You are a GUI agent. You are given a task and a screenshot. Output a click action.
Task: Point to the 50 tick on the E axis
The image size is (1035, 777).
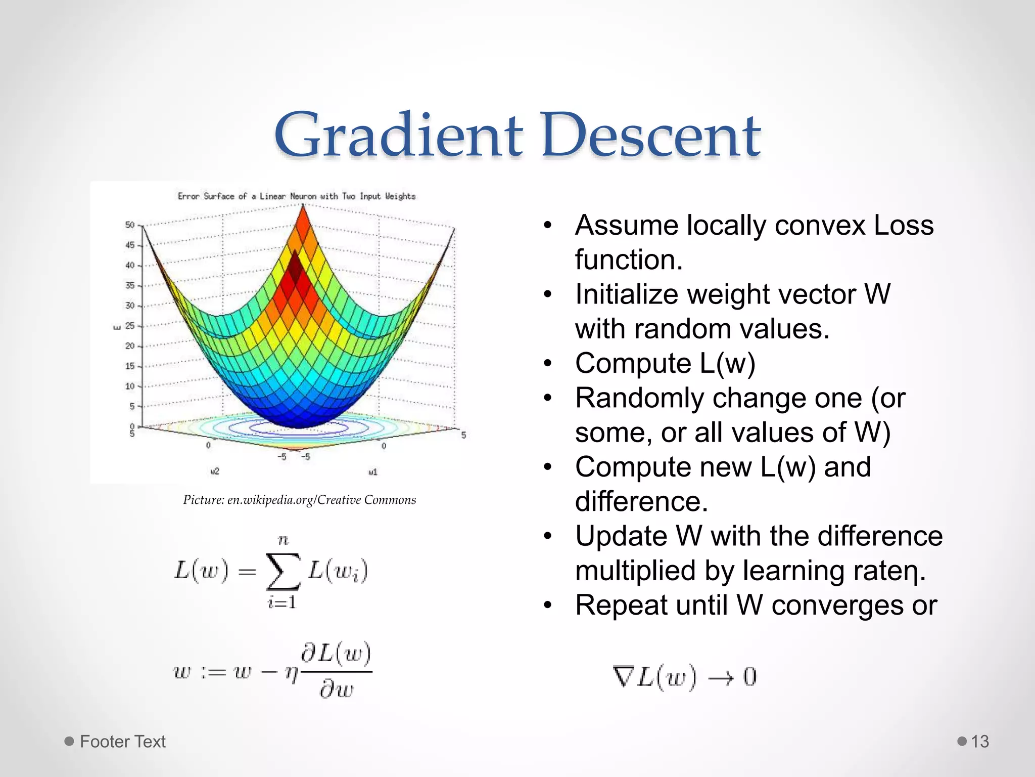click(x=130, y=225)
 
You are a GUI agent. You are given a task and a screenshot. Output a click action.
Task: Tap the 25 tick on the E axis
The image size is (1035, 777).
click(x=130, y=326)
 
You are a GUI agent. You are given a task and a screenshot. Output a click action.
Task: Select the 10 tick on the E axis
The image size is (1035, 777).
click(x=130, y=386)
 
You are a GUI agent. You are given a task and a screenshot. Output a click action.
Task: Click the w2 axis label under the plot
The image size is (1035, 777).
click(x=215, y=471)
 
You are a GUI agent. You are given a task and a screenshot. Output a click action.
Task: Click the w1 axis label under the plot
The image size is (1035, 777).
click(x=373, y=472)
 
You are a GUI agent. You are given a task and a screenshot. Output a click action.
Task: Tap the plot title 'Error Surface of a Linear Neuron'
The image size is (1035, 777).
click(x=296, y=196)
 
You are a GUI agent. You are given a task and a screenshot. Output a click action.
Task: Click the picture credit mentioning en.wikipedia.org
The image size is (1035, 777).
click(x=299, y=500)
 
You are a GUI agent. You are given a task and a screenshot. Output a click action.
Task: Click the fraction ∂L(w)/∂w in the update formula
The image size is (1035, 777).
click(x=336, y=671)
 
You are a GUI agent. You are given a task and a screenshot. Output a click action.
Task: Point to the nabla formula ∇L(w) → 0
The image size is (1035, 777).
click(x=685, y=677)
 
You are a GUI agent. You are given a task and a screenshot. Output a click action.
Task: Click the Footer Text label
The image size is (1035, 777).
click(x=122, y=742)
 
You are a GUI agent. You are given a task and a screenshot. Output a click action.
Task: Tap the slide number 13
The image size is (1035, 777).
click(x=979, y=742)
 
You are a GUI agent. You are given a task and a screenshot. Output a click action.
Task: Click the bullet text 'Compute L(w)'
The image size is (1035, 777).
click(x=665, y=364)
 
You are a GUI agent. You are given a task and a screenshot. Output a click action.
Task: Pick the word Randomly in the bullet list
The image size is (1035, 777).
click(x=639, y=398)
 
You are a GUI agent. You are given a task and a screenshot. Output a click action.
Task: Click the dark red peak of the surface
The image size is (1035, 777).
click(x=295, y=271)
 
